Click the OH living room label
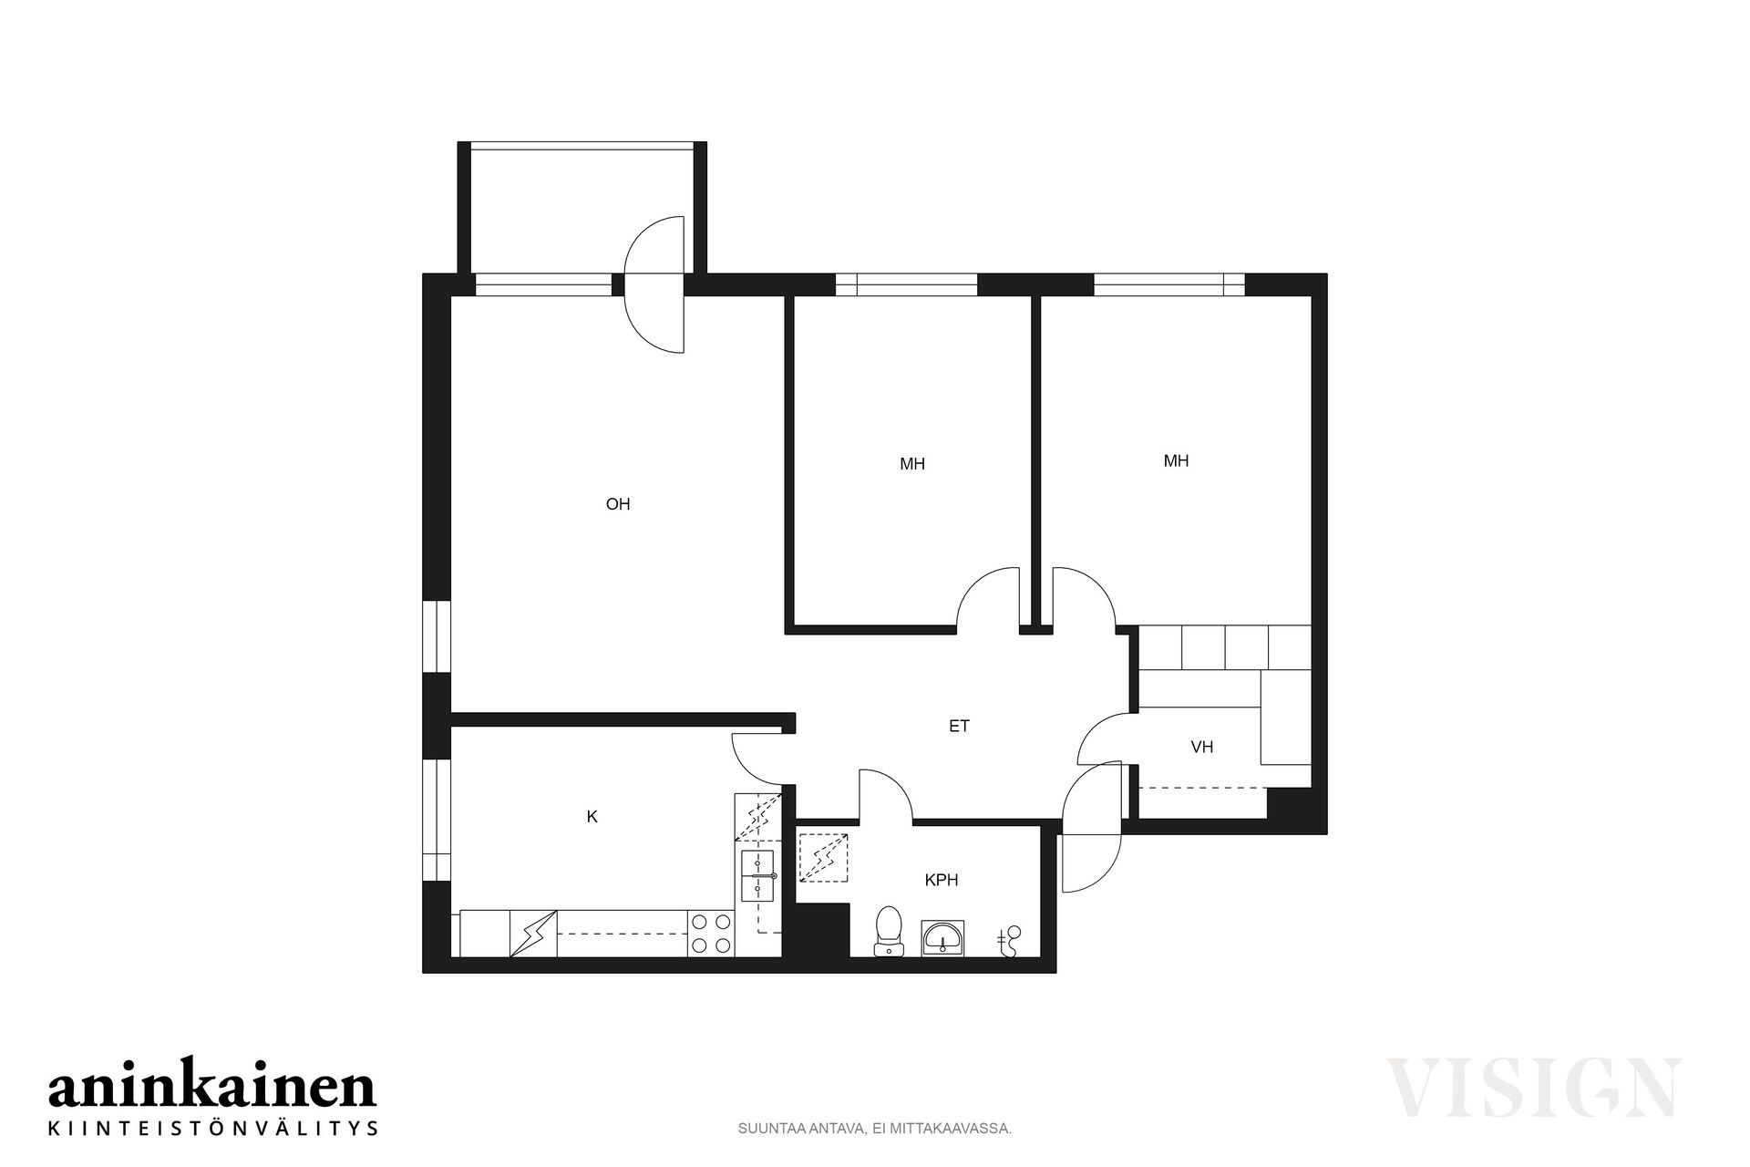618,504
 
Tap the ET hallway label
959,726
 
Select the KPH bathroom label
942,880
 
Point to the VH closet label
1202,747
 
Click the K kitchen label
592,817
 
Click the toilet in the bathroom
888,931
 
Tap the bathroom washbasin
942,937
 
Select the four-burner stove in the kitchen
712,934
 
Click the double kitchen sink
758,875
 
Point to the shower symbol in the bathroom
824,858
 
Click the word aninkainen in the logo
211,1087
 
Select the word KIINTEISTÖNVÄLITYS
212,1128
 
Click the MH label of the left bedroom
912,464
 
